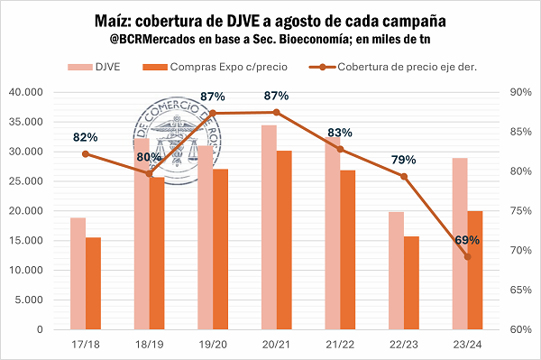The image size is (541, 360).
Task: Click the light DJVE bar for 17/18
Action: (78, 273)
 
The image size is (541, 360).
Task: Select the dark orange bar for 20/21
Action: (284, 240)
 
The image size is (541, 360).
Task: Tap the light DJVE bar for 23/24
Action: (460, 244)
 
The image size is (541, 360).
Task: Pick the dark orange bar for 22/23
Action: (412, 282)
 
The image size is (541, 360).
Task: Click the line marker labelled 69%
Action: (467, 257)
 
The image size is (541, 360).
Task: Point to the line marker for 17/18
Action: (86, 154)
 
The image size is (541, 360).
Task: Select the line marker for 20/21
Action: (277, 112)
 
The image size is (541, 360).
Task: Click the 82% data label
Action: (86, 137)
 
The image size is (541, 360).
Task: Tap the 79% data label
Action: (403, 160)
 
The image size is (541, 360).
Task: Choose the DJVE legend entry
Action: (94, 67)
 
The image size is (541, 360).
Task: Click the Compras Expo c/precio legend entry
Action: (215, 67)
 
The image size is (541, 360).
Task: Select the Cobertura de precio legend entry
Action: (392, 67)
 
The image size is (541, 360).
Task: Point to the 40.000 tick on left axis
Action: (26, 92)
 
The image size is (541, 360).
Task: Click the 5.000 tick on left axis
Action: (29, 300)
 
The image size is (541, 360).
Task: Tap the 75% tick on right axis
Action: (520, 210)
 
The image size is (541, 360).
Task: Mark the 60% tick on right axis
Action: (520, 329)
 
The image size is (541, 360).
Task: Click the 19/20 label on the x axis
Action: (213, 345)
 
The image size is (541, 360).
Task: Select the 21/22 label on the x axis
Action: (340, 345)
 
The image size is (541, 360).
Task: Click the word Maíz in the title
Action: (113, 21)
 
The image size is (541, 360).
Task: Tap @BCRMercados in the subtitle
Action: (152, 40)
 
